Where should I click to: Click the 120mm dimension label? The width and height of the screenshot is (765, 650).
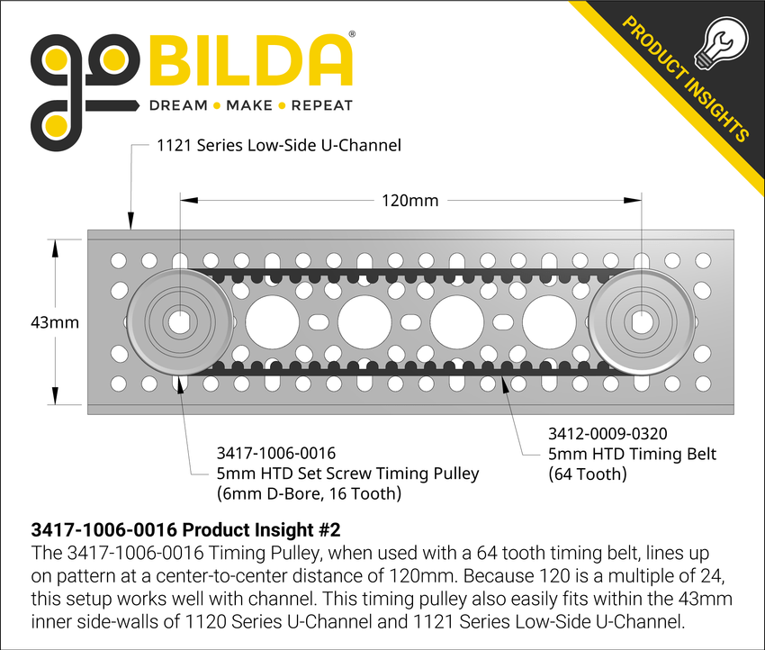410,200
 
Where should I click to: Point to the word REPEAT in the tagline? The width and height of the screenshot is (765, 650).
323,105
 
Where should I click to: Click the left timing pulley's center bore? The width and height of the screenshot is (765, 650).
180,321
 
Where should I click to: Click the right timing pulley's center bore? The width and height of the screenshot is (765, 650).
641,321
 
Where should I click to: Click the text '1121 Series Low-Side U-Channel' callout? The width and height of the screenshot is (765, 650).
279,144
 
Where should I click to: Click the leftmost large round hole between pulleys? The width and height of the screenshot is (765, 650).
273,321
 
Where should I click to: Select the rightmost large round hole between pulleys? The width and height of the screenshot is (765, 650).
548,321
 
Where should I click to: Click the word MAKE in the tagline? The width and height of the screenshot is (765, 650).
249,105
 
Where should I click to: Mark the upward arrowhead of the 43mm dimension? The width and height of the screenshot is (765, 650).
55,248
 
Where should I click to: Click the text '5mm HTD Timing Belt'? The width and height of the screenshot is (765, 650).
632,454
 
